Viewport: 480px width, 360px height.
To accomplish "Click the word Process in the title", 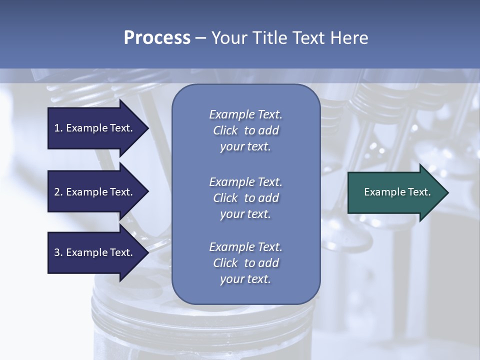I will (157, 38).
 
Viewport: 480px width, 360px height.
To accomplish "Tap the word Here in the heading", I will (349, 38).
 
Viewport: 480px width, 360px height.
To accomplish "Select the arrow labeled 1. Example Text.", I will (94, 128).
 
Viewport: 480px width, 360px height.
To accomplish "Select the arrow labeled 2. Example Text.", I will (94, 192).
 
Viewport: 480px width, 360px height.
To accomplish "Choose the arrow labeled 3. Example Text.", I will (94, 252).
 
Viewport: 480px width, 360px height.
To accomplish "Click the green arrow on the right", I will (395, 192).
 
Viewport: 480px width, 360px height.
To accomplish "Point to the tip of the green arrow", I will (447, 192).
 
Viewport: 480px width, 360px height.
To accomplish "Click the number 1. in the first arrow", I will (58, 128).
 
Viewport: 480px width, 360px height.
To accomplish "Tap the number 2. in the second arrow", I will (58, 192).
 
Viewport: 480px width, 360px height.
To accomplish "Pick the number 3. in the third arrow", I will (58, 252).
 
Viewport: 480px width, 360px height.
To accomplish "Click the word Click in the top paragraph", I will (225, 131).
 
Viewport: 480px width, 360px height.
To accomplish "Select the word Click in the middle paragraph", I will (225, 198).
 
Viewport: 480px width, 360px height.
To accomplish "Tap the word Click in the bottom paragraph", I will (225, 263).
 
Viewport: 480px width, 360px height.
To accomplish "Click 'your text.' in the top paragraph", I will (245, 147).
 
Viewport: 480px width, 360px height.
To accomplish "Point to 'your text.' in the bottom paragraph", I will (245, 279).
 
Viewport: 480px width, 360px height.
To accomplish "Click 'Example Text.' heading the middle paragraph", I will (245, 182).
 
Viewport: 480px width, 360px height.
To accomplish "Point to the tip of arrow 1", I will (148, 128).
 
